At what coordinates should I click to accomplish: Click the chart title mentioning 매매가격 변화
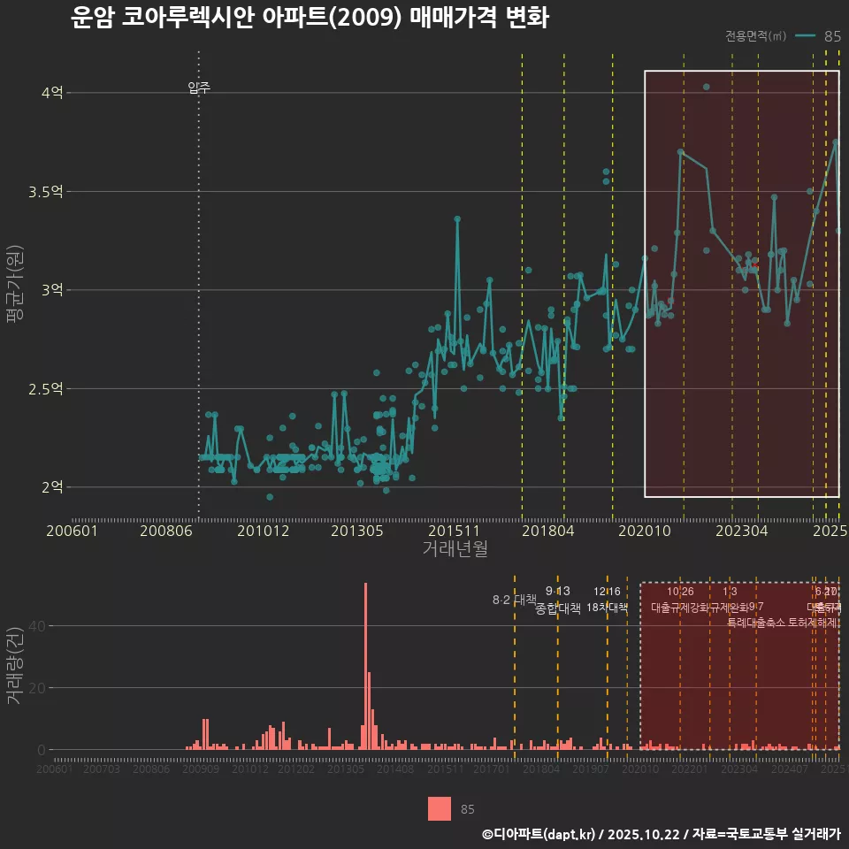(310, 18)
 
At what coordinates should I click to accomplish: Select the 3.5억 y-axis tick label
(46, 191)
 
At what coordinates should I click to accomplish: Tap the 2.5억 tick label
(46, 388)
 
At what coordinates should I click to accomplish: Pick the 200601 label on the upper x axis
(72, 532)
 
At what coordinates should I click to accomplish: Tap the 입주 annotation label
(199, 88)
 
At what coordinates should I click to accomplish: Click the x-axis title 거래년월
(455, 549)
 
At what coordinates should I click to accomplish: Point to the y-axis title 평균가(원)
(16, 290)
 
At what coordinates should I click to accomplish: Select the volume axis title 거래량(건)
(14, 665)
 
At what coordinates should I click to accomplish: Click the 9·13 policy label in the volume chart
(558, 591)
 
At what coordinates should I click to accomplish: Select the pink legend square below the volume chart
(440, 808)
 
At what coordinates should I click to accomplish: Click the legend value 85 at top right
(832, 36)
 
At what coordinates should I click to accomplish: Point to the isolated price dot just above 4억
(706, 87)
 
